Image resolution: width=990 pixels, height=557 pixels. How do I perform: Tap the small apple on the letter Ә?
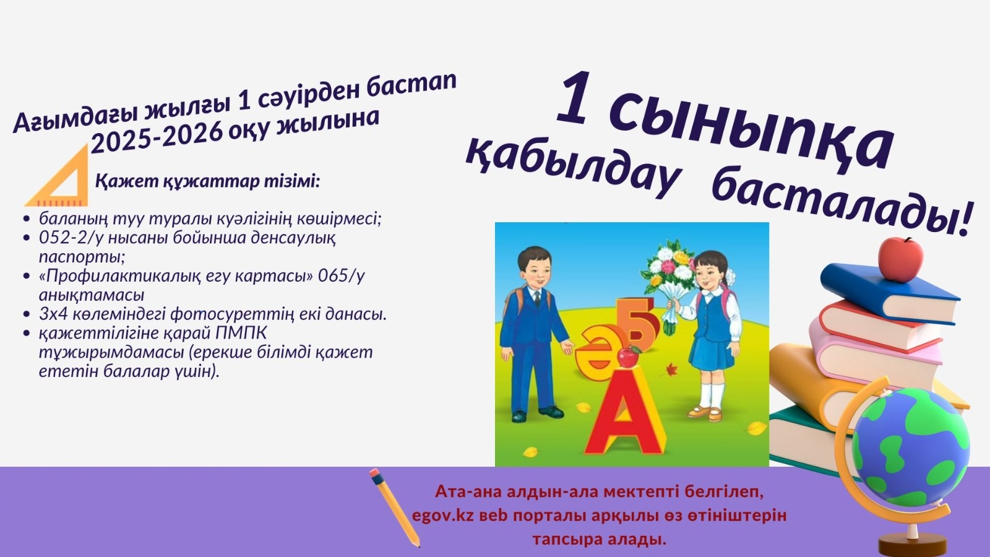629,356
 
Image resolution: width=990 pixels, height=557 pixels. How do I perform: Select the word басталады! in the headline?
841,204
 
